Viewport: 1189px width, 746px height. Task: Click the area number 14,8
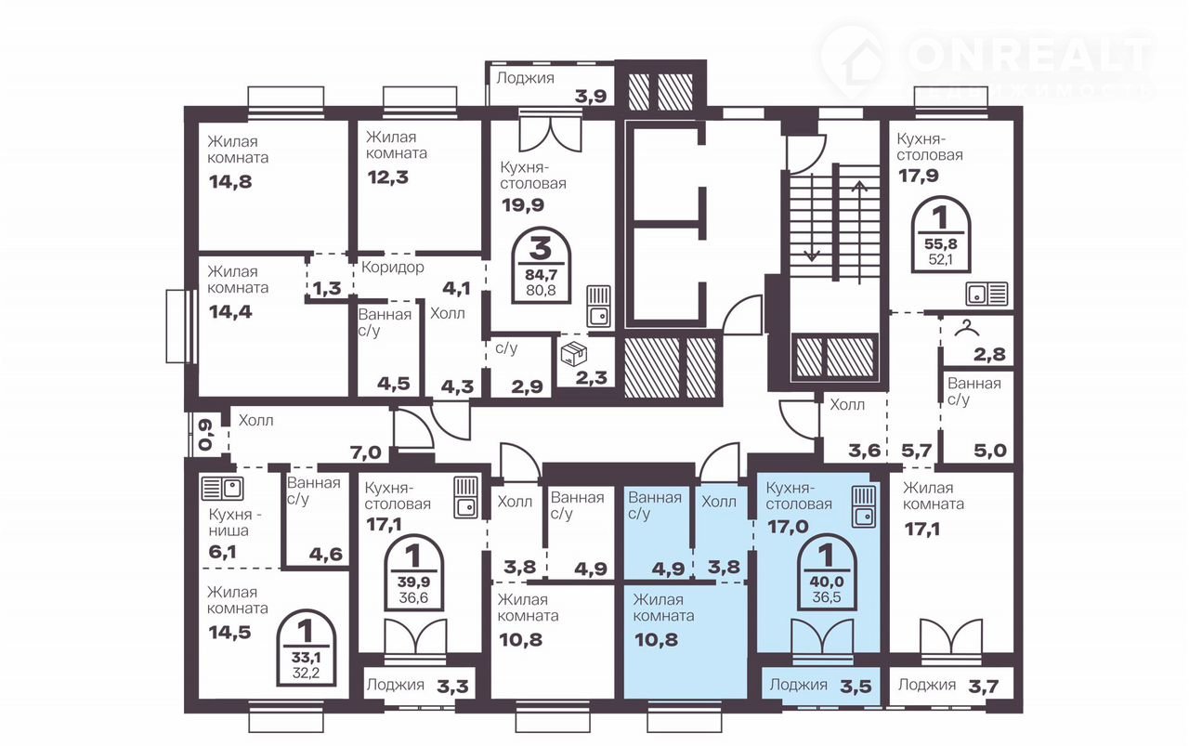click(230, 182)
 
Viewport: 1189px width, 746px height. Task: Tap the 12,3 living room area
click(388, 177)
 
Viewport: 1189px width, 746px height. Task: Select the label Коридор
click(393, 267)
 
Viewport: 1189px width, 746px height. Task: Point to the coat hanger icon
click(967, 328)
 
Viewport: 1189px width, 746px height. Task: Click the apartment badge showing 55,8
click(941, 235)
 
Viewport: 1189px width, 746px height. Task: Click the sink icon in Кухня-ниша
click(222, 489)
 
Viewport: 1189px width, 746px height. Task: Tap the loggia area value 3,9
click(591, 97)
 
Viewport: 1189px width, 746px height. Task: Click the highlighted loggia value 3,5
click(856, 686)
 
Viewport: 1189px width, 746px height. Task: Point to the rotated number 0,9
click(206, 436)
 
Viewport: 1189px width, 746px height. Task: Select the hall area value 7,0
click(366, 453)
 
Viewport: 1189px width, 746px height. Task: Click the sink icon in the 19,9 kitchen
click(599, 307)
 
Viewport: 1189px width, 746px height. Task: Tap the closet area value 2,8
click(989, 354)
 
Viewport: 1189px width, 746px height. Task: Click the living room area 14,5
click(229, 633)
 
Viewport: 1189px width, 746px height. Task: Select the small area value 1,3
click(326, 288)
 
